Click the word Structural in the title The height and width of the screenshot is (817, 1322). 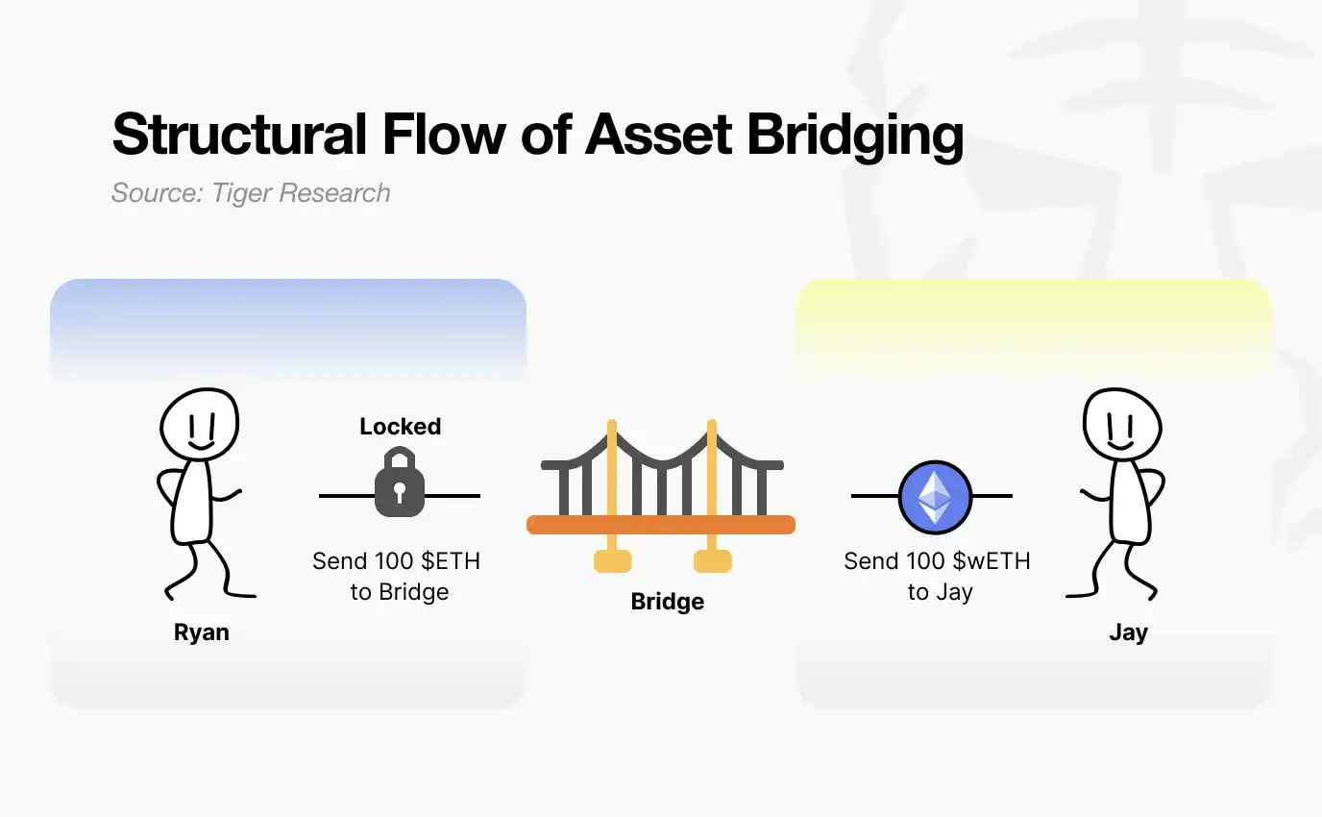(239, 135)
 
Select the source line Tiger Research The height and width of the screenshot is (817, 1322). (251, 193)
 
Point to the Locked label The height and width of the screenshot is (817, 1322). (400, 426)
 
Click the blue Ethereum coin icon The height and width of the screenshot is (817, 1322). (935, 497)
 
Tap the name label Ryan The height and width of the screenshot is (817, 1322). (201, 632)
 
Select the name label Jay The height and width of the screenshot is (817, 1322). (1128, 632)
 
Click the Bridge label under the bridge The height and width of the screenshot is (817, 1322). (667, 602)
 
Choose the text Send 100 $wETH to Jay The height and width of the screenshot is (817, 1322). (937, 576)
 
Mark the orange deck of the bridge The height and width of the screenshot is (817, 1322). (661, 525)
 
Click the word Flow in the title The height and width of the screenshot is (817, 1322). (443, 135)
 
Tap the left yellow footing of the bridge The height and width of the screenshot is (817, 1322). (612, 560)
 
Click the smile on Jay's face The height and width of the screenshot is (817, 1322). (1120, 446)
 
